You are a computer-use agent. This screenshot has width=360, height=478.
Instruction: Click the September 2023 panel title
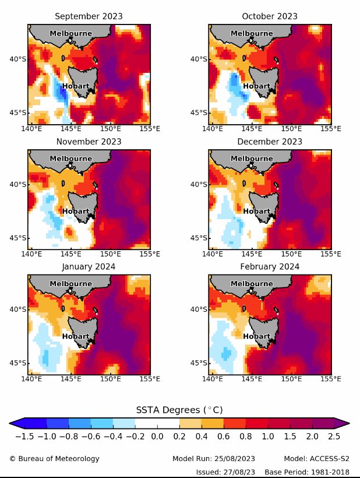click(x=89, y=16)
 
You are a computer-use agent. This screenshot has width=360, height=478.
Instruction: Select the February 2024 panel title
click(x=270, y=266)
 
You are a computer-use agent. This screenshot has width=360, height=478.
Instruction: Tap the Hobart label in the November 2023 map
click(x=76, y=211)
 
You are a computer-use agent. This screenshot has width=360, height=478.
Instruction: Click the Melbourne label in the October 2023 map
click(x=252, y=33)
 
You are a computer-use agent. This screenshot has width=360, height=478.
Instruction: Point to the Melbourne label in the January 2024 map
click(x=70, y=283)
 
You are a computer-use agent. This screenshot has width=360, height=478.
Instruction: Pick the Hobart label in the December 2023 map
click(x=256, y=211)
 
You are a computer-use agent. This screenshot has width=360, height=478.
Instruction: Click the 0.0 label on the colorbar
click(x=157, y=435)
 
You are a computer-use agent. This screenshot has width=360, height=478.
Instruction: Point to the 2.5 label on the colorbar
click(x=333, y=435)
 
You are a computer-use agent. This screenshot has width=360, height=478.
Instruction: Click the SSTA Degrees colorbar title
click(x=179, y=410)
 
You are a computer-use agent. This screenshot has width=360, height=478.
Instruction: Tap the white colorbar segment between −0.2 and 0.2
click(x=157, y=423)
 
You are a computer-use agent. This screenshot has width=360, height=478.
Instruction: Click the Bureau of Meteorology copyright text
click(x=54, y=459)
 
